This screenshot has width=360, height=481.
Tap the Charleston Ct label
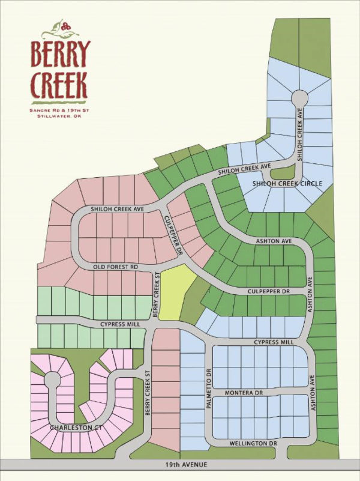point(73,428)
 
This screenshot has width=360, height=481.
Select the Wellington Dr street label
point(251,444)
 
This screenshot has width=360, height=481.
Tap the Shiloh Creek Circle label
point(287,183)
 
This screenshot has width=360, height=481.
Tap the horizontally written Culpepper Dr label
point(268,291)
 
